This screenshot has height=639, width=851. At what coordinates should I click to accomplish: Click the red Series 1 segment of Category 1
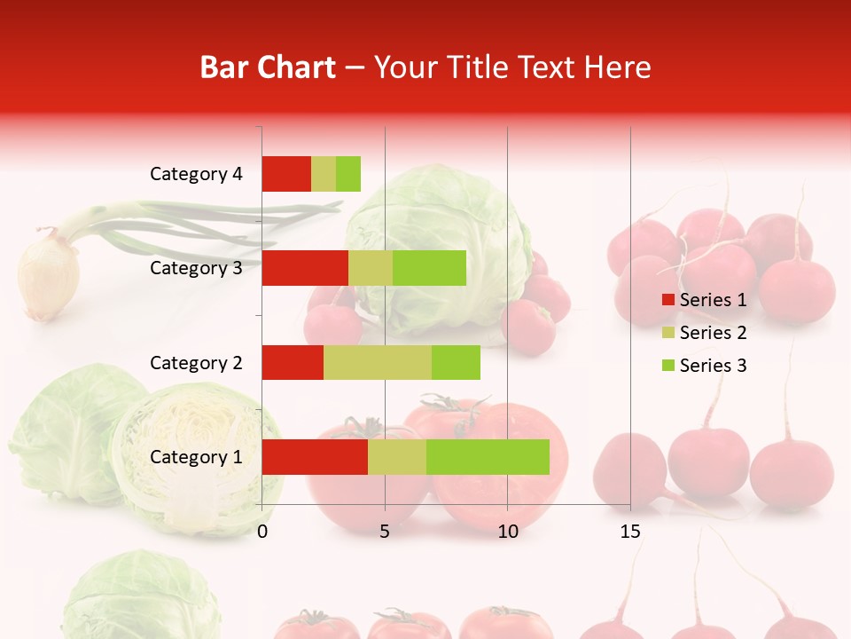tap(315, 457)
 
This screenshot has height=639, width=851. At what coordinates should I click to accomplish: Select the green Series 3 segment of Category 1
tap(488, 457)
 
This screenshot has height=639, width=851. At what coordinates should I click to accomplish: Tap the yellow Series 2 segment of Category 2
tap(378, 362)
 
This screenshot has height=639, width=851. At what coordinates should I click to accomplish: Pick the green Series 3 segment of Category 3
tap(429, 268)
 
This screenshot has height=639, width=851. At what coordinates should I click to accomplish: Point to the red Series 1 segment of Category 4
tap(286, 174)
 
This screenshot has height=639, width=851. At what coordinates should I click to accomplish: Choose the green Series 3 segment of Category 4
tap(348, 174)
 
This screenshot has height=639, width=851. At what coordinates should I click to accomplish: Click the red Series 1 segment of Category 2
tap(293, 362)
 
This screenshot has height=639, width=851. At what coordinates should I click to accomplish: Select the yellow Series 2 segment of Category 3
tap(371, 268)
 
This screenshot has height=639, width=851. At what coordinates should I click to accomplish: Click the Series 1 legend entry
tap(704, 300)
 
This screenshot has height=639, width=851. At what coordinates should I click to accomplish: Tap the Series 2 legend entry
tap(704, 333)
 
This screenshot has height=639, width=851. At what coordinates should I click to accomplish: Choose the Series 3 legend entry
tap(704, 366)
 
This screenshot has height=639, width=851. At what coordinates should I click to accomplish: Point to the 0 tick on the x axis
tap(262, 532)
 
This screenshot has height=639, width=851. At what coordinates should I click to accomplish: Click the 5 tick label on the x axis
tap(385, 532)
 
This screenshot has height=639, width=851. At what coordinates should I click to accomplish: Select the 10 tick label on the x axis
tap(507, 532)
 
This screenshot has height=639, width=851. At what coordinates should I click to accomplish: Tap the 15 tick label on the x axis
tap(630, 532)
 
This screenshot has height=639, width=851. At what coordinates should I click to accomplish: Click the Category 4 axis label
tap(196, 174)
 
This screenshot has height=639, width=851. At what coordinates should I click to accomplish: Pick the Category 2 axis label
tap(196, 362)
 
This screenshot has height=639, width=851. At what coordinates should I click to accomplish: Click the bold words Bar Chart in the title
tap(268, 67)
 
